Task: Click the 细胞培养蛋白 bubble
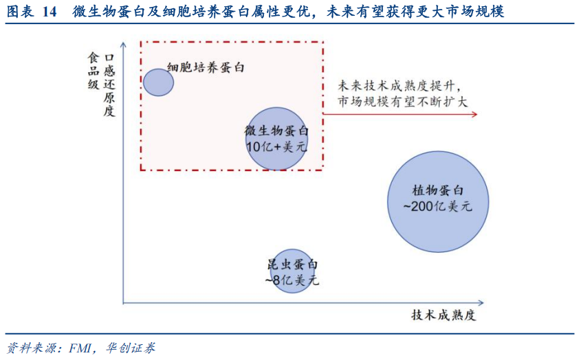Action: pyautogui.click(x=158, y=81)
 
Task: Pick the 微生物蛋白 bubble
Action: pyautogui.click(x=276, y=139)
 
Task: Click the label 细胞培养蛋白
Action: pyautogui.click(x=206, y=68)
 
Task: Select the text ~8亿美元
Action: pyautogui.click(x=292, y=280)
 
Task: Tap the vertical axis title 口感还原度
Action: pyautogui.click(x=108, y=82)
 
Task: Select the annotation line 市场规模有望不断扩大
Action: pyautogui.click(x=402, y=102)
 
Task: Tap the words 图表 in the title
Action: pyautogui.click(x=21, y=12)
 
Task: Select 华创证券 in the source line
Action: pyautogui.click(x=131, y=348)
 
